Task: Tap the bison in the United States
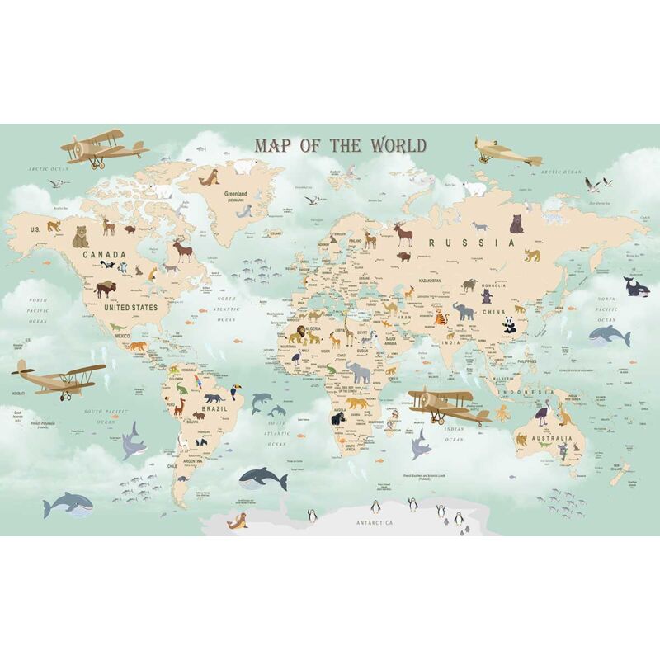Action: point(106,289)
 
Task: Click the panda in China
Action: point(510,324)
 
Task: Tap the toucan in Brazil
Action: point(234,393)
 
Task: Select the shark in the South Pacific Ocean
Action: point(134,441)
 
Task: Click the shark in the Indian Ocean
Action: point(420,443)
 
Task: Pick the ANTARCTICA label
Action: point(375,523)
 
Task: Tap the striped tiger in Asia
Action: point(439,313)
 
